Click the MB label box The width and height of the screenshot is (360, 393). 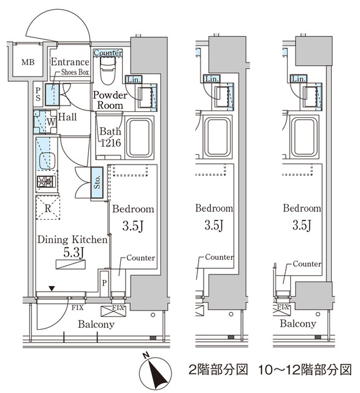point(28,63)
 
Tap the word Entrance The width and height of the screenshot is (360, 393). point(70,62)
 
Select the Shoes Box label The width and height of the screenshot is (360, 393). point(75,73)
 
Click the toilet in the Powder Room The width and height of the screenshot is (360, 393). point(107,70)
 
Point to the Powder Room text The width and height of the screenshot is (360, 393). point(110,100)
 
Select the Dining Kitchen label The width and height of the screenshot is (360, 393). point(72,240)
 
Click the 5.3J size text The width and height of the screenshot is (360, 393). point(72,252)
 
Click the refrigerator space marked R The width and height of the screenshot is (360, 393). point(47,207)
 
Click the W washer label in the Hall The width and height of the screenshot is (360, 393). point(52,121)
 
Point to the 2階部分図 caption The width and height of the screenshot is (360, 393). point(218,370)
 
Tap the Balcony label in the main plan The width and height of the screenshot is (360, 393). point(96,324)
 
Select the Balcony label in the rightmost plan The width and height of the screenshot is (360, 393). point(298,324)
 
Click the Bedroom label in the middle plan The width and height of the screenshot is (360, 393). point(213,209)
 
